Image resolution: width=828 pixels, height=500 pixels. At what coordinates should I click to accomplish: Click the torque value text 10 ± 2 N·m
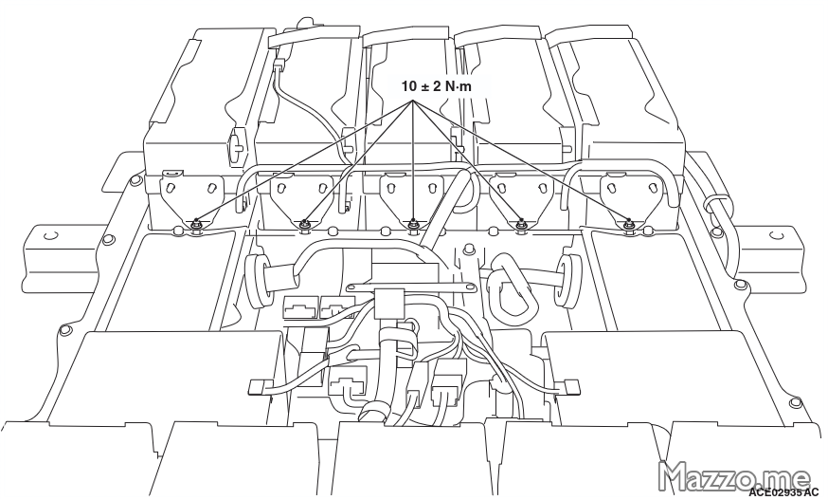[x=436, y=86]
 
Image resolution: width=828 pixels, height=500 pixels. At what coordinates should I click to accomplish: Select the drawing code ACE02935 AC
[x=783, y=493]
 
